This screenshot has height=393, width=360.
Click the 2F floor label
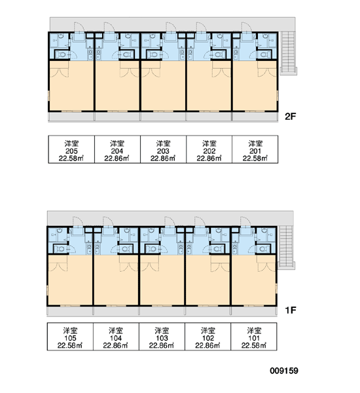[x=291, y=117]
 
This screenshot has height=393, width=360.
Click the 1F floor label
[x=291, y=310]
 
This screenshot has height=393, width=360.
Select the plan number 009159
[x=284, y=371]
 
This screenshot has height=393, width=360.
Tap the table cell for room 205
[x=71, y=149]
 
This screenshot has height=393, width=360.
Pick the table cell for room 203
[x=164, y=149]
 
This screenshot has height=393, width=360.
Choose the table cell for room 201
[x=255, y=149]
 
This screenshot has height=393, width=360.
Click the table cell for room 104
[x=116, y=337]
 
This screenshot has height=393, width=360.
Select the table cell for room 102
[x=208, y=337]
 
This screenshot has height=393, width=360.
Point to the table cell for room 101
[x=254, y=337]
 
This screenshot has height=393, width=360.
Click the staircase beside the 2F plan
[x=289, y=53]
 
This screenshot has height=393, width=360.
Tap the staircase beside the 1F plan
[x=287, y=248]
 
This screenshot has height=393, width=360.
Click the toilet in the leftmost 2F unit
[x=60, y=54]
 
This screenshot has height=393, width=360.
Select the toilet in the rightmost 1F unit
[x=262, y=249]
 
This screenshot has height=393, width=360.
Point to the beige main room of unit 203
[x=164, y=86]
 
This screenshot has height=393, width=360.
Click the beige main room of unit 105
[x=70, y=280]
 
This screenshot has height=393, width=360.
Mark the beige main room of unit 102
[x=208, y=280]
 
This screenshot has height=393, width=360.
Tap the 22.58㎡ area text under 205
[x=71, y=159]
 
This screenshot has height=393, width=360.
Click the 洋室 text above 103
[x=162, y=330]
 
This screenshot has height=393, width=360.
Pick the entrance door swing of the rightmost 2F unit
[x=247, y=27]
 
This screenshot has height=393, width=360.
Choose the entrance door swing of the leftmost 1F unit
[x=78, y=221]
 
